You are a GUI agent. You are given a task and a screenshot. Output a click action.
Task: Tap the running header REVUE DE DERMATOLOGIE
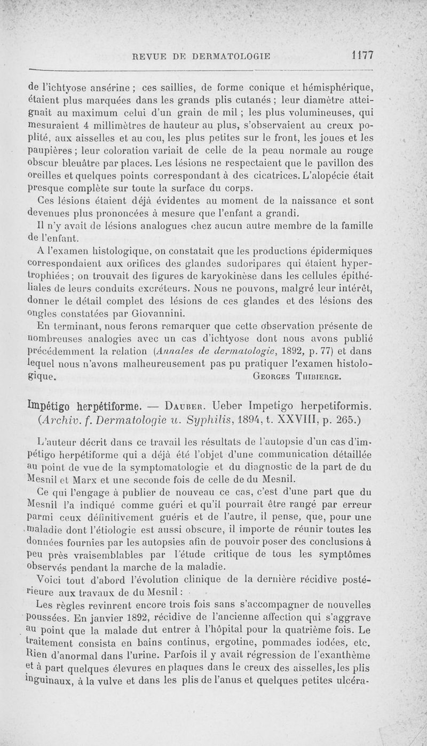pos(204,56)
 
